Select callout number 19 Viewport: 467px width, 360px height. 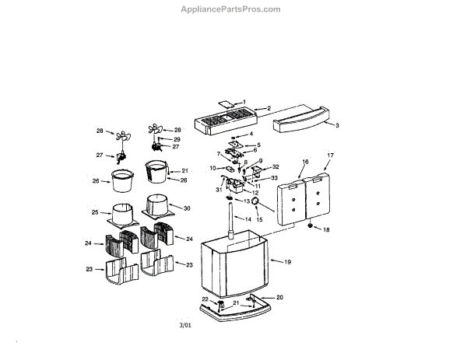[x=287, y=263]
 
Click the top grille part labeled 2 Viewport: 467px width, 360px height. [x=226, y=120]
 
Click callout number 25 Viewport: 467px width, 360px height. [x=95, y=212]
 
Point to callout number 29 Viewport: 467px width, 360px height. [x=177, y=138]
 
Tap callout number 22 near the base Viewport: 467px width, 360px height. [x=206, y=299]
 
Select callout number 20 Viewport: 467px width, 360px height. [x=279, y=297]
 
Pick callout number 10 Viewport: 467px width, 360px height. [x=212, y=168]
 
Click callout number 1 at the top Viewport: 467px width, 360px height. [x=244, y=102]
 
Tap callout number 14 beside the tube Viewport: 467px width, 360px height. [x=248, y=220]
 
